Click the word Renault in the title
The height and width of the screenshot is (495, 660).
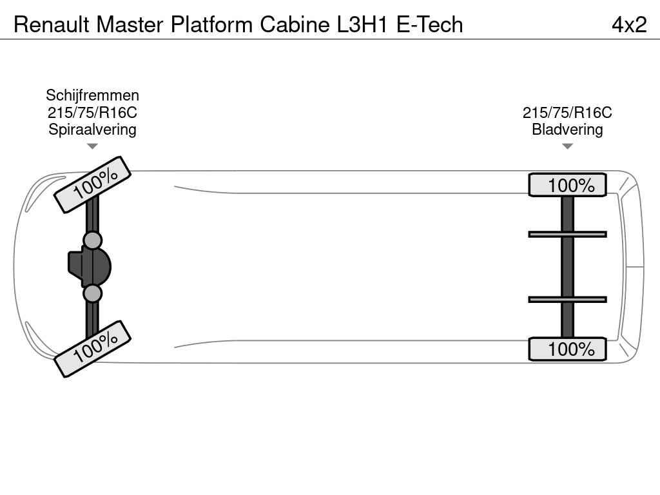[52, 24]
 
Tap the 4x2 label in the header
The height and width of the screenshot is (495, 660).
[628, 24]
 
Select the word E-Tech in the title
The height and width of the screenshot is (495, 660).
[429, 24]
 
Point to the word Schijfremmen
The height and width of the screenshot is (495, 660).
[92, 95]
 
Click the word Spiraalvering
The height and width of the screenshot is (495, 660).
[92, 129]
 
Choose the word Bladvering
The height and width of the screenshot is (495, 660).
[567, 130]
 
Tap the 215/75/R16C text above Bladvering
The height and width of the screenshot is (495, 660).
[567, 113]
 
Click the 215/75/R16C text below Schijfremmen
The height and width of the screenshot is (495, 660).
[92, 112]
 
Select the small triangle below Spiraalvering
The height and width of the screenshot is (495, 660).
[92, 146]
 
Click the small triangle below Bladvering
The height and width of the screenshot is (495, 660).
[567, 146]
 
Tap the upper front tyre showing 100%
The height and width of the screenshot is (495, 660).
[92, 184]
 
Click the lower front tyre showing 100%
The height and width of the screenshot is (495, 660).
[92, 349]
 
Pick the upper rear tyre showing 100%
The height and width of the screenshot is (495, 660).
[567, 185]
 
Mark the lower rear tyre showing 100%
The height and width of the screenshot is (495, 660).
[567, 349]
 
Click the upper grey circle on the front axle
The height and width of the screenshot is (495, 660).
[93, 240]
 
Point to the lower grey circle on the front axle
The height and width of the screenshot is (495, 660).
[93, 294]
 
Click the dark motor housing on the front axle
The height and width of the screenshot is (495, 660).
[90, 266]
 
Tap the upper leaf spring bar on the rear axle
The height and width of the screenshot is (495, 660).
[567, 234]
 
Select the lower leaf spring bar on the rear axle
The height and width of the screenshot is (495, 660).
[567, 299]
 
